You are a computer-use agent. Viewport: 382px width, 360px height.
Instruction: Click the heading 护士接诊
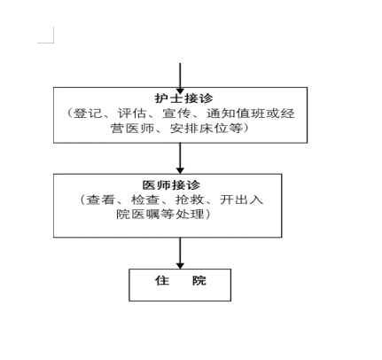(x=183, y=98)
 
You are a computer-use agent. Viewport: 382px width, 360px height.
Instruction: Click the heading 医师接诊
(x=171, y=185)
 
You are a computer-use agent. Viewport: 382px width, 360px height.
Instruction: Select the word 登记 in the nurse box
(x=88, y=113)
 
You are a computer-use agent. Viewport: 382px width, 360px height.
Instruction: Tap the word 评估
(x=132, y=113)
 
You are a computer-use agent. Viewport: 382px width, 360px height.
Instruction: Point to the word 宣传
(x=176, y=113)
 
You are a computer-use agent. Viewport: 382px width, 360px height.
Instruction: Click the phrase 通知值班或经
(x=251, y=113)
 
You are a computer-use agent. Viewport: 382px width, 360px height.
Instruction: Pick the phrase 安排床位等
(x=206, y=129)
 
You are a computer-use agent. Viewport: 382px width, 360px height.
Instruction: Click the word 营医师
(x=132, y=129)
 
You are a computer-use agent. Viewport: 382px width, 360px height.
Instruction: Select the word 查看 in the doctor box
(x=100, y=200)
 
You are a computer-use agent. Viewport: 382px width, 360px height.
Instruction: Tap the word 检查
(x=145, y=200)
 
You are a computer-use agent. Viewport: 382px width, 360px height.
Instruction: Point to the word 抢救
(x=190, y=200)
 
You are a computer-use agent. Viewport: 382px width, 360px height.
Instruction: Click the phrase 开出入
(x=241, y=200)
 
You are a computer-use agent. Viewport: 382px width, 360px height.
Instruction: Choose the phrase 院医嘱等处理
(x=160, y=214)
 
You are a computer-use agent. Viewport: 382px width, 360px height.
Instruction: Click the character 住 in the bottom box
(x=162, y=280)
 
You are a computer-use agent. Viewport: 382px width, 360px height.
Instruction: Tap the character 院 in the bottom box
(x=199, y=280)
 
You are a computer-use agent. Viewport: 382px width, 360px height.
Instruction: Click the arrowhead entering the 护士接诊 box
(x=180, y=90)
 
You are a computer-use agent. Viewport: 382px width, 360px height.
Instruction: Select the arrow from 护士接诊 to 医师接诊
(x=180, y=159)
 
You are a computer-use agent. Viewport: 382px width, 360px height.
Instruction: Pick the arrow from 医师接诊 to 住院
(x=180, y=253)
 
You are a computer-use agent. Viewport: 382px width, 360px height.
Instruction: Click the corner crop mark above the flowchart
(x=53, y=43)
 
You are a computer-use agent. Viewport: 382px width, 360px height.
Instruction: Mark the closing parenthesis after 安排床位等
(x=246, y=129)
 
